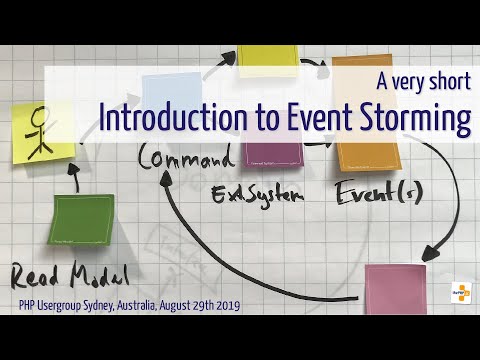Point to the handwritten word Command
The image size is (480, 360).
point(188,157)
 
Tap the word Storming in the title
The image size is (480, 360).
point(410,119)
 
